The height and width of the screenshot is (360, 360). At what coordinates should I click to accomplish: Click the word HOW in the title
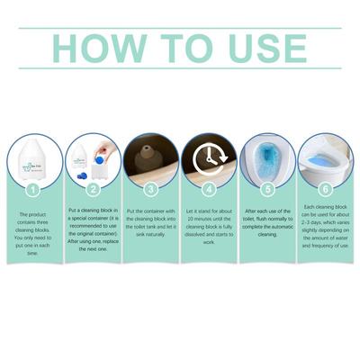click(x=100, y=49)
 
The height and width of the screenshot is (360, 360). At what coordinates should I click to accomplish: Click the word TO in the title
click(x=186, y=49)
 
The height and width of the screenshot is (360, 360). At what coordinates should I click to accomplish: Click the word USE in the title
click(x=267, y=49)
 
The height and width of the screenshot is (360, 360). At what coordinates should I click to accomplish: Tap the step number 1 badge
click(x=33, y=189)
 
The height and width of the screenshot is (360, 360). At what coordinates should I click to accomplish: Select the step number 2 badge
click(x=93, y=189)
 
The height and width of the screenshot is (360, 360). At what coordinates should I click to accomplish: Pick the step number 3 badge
click(x=151, y=189)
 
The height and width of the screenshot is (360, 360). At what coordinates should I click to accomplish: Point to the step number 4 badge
click(x=209, y=189)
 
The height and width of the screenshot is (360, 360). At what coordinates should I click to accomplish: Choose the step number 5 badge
click(x=267, y=189)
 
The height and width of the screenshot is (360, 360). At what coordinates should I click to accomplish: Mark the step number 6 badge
click(x=326, y=189)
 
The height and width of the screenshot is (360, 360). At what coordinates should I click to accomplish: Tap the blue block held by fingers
click(x=99, y=158)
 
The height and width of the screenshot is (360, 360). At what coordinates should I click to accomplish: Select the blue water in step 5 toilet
click(x=267, y=160)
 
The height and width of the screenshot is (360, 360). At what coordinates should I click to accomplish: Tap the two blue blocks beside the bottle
click(x=82, y=175)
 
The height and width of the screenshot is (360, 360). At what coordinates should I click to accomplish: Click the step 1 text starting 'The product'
click(x=33, y=234)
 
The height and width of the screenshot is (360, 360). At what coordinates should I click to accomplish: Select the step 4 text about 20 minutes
click(x=209, y=227)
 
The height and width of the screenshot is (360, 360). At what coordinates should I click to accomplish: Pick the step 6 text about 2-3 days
click(x=326, y=226)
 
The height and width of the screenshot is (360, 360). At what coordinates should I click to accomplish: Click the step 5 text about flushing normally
click(x=267, y=222)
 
